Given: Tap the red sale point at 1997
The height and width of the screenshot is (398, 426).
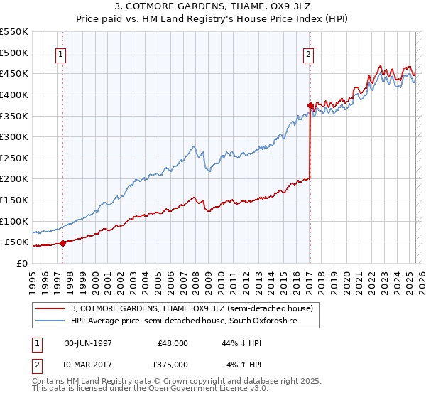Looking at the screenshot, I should pyautogui.click(x=62, y=243).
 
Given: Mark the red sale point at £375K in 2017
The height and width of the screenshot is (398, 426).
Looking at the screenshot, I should pyautogui.click(x=310, y=105).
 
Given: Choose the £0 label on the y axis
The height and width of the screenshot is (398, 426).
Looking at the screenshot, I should pyautogui.click(x=21, y=263).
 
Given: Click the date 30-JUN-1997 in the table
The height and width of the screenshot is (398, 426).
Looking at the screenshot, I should pyautogui.click(x=88, y=343).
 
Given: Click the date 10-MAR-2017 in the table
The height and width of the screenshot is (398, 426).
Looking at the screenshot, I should pyautogui.click(x=88, y=364).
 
